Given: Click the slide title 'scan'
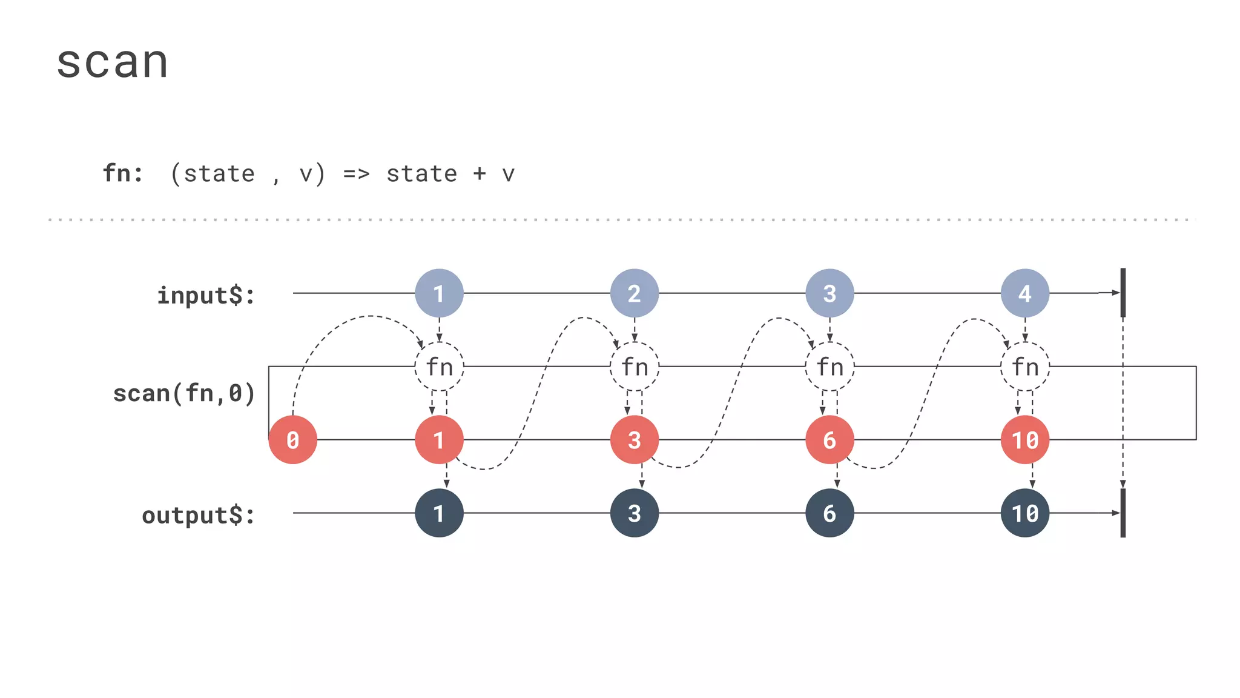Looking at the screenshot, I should point(112,62).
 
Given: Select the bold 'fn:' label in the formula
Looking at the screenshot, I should point(123,173).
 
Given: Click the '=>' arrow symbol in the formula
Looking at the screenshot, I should point(356,174).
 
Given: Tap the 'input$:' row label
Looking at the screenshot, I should point(206,296).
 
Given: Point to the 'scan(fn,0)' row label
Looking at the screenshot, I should point(184,393).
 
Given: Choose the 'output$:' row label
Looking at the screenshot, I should point(199,516).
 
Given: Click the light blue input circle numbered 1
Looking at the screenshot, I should point(439,293).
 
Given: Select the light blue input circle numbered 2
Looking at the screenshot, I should point(635,293).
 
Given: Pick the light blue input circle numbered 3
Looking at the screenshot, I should point(829,293).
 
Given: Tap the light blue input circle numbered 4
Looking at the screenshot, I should point(1025,293).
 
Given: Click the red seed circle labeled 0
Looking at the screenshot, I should point(293,440).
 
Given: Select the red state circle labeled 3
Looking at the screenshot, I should point(635,440).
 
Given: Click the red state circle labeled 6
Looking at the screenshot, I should point(829,440).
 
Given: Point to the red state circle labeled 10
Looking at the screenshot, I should point(1025,440).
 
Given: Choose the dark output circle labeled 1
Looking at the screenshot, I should point(439,513).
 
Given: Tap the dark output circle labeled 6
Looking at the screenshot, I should point(829,513).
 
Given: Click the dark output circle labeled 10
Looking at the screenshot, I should point(1025,513).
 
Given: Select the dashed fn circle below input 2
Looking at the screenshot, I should point(635,367).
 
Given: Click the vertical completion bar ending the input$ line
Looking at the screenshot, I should point(1123,293).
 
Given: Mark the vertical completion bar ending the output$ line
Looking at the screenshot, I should point(1123,513).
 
